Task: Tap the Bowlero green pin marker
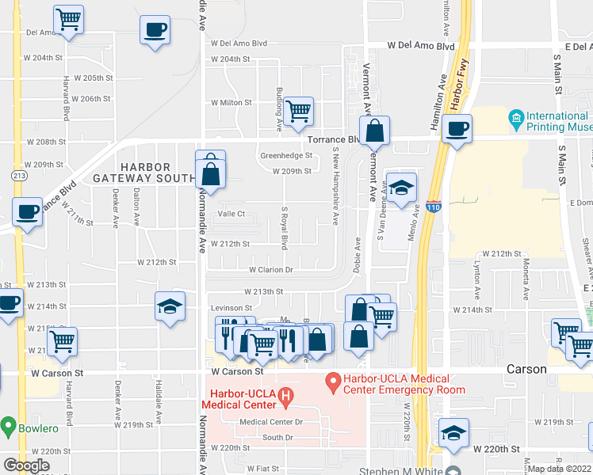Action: [8, 428]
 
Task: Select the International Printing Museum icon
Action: [516, 121]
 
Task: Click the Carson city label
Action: [527, 369]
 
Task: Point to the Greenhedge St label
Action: [286, 156]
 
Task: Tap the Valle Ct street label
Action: [231, 214]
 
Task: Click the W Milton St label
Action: [231, 103]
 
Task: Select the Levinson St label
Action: [231, 308]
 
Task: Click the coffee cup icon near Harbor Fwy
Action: [457, 128]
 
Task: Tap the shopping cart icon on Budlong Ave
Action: [298, 111]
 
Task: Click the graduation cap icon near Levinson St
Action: [170, 307]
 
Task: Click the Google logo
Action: [25, 465]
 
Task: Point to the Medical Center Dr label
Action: [271, 422]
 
